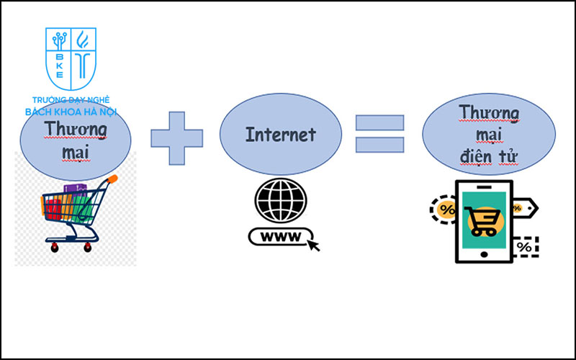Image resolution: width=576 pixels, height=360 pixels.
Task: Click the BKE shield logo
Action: coord(71,59)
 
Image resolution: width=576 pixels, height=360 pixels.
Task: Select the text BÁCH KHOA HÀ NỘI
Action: coord(71,112)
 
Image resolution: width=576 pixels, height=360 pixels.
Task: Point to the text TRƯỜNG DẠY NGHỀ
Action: coord(71,101)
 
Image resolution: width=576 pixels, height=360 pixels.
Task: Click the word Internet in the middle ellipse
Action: coord(280,134)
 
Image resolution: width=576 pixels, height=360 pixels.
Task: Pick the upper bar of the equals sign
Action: coord(379,122)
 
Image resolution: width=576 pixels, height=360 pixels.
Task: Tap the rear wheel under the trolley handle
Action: coord(88,247)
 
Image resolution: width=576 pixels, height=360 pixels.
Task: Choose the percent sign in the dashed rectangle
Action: coord(523,247)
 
